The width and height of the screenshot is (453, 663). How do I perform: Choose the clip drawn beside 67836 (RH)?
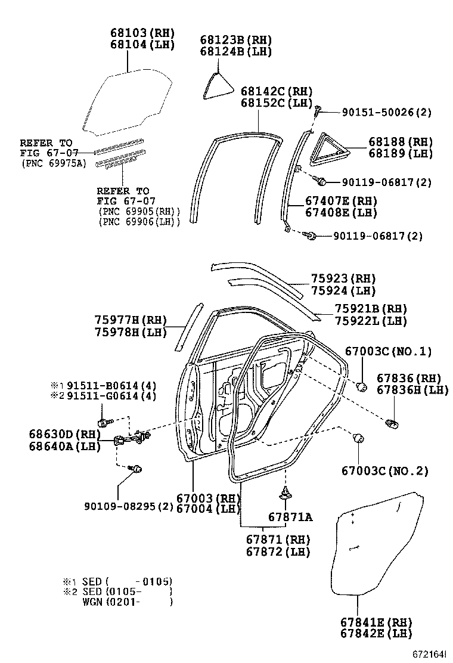pyautogui.click(x=393, y=423)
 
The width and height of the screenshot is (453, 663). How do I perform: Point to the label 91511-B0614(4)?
pyautogui.click(x=111, y=385)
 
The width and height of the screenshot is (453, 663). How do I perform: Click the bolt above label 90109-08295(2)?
pyautogui.click(x=137, y=469)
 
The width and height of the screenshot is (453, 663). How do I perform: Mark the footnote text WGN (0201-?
pyautogui.click(x=126, y=602)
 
